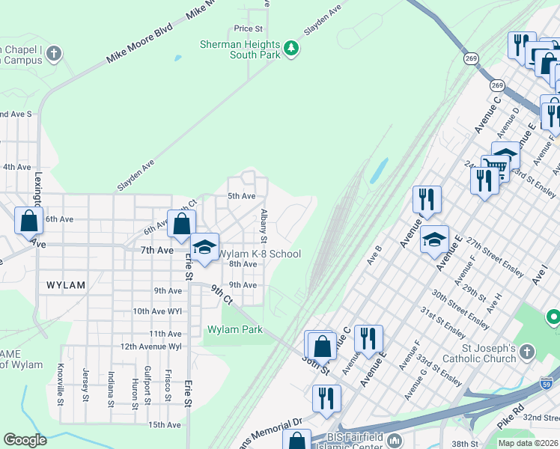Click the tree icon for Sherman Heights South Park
[291, 49]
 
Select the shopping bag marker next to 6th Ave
[28, 221]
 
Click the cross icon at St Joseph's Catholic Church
[526, 352]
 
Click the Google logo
[25, 440]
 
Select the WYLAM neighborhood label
[66, 285]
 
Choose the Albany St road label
[264, 226]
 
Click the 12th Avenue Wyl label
[150, 346]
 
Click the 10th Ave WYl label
[156, 311]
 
